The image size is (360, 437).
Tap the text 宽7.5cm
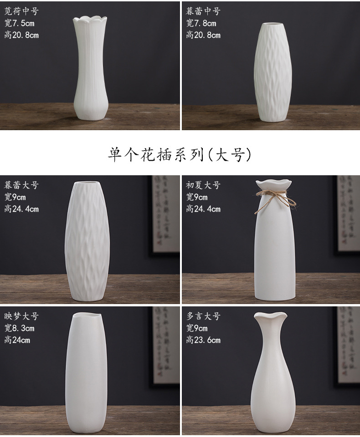(19, 23)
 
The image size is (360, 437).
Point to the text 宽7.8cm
(201, 23)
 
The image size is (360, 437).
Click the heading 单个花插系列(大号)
(180, 154)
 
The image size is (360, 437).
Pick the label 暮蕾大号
(21, 185)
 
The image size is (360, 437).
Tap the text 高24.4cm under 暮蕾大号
(21, 209)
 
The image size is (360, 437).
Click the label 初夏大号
(203, 185)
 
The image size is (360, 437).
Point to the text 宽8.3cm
(19, 328)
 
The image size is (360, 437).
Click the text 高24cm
(17, 340)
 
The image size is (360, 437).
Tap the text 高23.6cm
(203, 340)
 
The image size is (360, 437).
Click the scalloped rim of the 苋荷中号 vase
(90, 20)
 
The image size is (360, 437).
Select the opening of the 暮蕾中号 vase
(273, 23)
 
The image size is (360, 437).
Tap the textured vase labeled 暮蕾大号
(87, 241)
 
